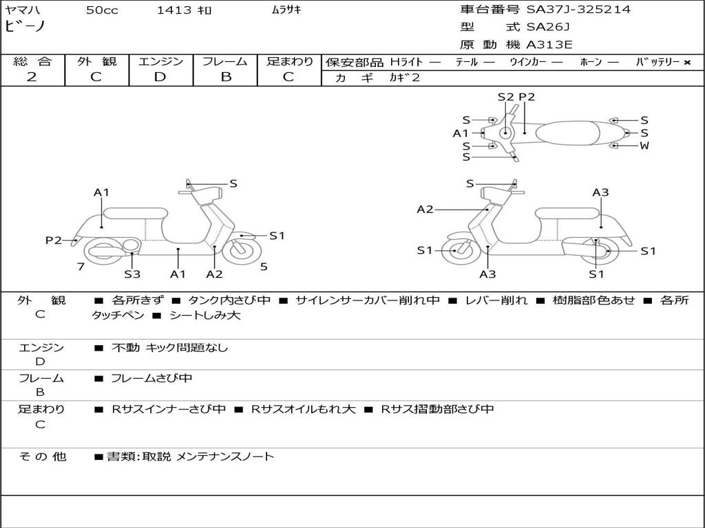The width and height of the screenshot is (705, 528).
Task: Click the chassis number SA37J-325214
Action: (578, 10)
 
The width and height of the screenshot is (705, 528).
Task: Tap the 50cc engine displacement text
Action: (102, 10)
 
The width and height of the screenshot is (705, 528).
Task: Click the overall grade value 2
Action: (32, 77)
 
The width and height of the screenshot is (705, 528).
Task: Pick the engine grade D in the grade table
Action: (160, 77)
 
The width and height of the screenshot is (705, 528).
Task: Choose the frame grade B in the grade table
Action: (226, 77)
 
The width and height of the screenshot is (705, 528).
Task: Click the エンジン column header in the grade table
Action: (160, 61)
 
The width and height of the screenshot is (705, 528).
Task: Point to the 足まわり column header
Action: (290, 61)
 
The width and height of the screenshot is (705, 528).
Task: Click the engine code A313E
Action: (549, 45)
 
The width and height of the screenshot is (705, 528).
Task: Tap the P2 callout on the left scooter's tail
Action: (54, 240)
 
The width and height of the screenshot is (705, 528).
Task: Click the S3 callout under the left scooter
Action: (132, 274)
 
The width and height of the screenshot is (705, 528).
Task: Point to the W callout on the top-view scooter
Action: (644, 146)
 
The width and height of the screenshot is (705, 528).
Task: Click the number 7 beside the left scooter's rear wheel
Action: (81, 266)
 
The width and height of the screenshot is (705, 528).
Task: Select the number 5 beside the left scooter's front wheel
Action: (264, 266)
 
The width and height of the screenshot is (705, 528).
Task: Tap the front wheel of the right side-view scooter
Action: (455, 251)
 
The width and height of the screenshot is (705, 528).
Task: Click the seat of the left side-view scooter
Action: (136, 213)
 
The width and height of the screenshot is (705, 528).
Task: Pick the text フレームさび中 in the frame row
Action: (151, 378)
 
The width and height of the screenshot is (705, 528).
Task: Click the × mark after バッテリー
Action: (687, 62)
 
